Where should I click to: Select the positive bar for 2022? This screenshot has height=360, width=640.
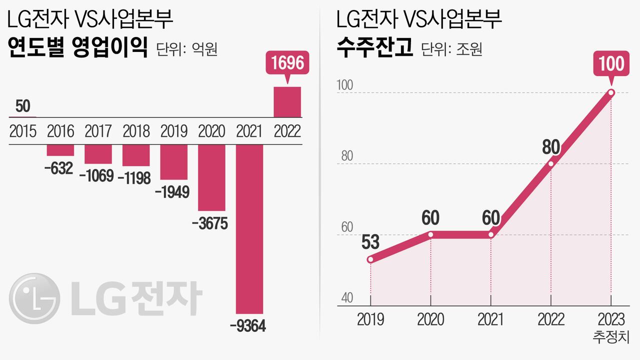pyautogui.click(x=287, y=102)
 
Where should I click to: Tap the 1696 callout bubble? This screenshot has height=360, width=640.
pyautogui.click(x=287, y=64)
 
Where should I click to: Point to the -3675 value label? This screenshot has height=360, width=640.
pyautogui.click(x=210, y=223)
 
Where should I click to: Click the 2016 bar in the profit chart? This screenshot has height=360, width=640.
pyautogui.click(x=60, y=150)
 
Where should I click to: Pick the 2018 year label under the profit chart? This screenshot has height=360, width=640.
pyautogui.click(x=136, y=131)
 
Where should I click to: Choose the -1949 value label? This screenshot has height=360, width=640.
pyautogui.click(x=172, y=192)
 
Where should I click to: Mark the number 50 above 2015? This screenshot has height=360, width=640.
pyautogui.click(x=22, y=106)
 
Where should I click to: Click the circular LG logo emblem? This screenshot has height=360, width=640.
pyautogui.click(x=34, y=298)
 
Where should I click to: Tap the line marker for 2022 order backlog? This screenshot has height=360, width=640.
pyautogui.click(x=550, y=163)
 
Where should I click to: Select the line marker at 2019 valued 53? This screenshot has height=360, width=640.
pyautogui.click(x=370, y=259)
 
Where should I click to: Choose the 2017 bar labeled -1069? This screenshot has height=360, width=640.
pyautogui.click(x=98, y=154)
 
